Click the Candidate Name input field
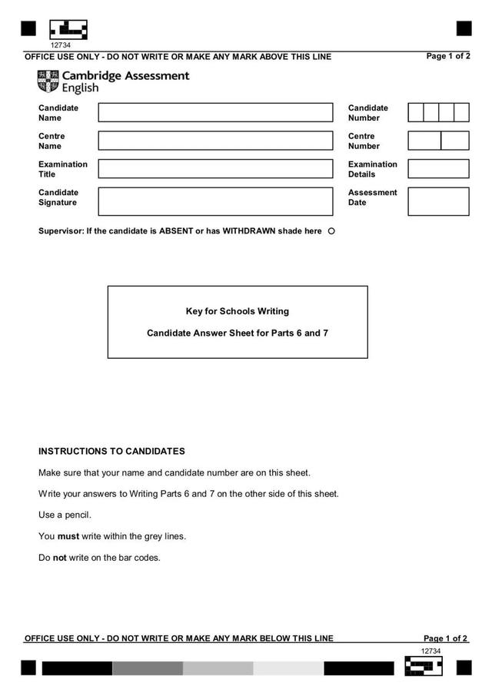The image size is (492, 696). click(x=215, y=113)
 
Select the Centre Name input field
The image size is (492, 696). click(x=215, y=141)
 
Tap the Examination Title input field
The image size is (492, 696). click(x=215, y=169)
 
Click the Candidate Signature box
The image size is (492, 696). click(x=215, y=201)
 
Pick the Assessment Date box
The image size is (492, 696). click(x=438, y=201)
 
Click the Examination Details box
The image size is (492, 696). click(x=438, y=169)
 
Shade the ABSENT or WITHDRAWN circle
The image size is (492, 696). click(x=331, y=231)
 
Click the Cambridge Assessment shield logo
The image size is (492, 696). click(x=47, y=81)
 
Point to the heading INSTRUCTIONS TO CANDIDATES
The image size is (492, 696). click(x=111, y=452)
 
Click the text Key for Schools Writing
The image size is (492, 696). click(x=238, y=311)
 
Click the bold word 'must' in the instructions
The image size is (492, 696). click(x=68, y=536)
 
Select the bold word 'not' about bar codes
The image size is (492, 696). click(x=59, y=558)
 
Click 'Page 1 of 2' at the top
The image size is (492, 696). click(x=448, y=56)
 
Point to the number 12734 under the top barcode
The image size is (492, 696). click(x=60, y=45)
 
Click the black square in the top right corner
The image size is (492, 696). click(x=464, y=28)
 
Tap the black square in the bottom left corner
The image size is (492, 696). click(x=28, y=668)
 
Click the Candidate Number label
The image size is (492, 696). click(x=368, y=113)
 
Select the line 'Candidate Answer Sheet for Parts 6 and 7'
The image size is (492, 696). click(x=238, y=333)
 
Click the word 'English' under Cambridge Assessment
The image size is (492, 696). click(x=80, y=88)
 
